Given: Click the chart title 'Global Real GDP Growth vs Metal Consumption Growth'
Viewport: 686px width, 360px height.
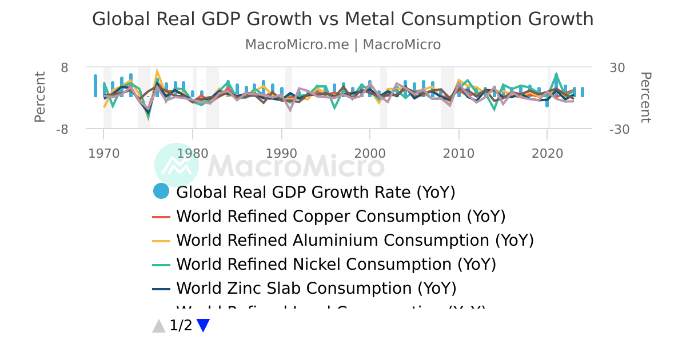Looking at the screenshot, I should [x=342, y=19].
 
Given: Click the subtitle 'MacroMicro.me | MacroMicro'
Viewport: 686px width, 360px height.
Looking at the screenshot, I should [x=342, y=45].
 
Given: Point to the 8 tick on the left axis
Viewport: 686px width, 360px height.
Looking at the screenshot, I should [x=64, y=67].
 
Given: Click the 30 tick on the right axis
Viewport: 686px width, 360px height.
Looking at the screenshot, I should [x=617, y=67].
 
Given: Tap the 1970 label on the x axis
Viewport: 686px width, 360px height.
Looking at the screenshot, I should [x=103, y=153].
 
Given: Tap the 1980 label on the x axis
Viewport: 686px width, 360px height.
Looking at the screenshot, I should [x=193, y=153].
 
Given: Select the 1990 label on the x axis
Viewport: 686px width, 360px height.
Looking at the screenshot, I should [x=281, y=153].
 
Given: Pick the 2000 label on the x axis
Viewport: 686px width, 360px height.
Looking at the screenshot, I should [x=370, y=153].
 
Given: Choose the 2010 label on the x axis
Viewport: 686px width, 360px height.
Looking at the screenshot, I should [x=459, y=153].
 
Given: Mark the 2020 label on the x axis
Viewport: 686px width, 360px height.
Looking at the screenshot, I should [x=548, y=153].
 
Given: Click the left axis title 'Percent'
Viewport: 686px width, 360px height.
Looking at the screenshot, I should [x=39, y=97].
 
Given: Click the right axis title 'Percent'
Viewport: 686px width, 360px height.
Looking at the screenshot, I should [x=645, y=97].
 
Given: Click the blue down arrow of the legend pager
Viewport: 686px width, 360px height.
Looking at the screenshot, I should [x=203, y=326].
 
